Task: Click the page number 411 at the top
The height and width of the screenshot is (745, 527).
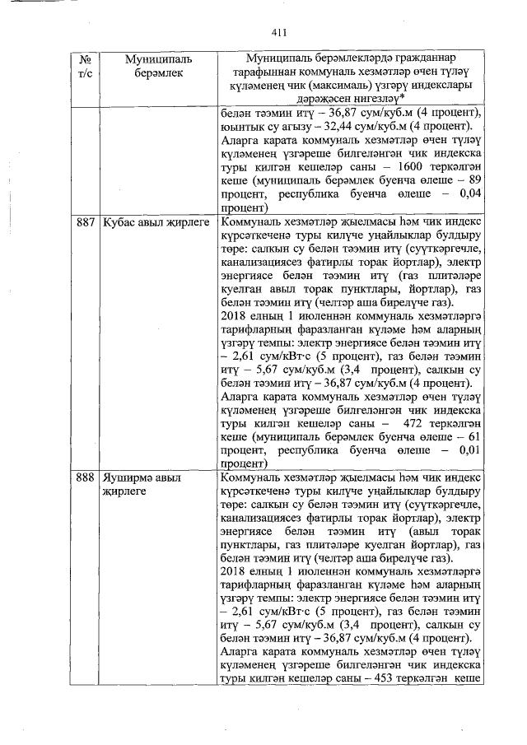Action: (277, 33)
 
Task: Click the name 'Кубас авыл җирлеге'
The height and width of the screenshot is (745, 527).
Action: (151, 223)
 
